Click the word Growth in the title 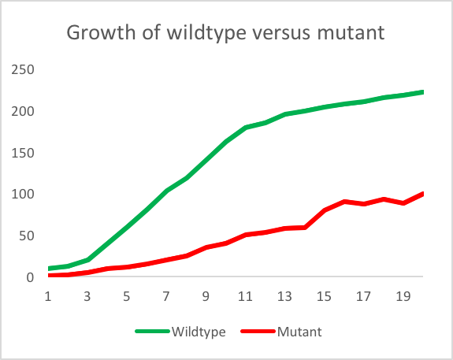click(101, 33)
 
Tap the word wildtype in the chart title click(206, 33)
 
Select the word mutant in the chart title click(351, 32)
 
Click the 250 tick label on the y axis click(23, 69)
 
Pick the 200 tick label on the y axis click(23, 111)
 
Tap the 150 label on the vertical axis click(23, 153)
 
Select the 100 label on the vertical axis click(23, 194)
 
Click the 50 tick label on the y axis click(27, 236)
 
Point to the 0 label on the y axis click(31, 277)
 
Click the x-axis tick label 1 click(48, 296)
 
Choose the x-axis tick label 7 click(166, 296)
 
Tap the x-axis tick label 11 click(245, 296)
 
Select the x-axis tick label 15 click(324, 296)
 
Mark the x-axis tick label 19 click(403, 296)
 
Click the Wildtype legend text click(199, 332)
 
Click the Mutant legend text click(299, 332)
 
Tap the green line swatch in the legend click(152, 332)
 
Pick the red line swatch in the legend click(258, 332)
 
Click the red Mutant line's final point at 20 click(422, 194)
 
